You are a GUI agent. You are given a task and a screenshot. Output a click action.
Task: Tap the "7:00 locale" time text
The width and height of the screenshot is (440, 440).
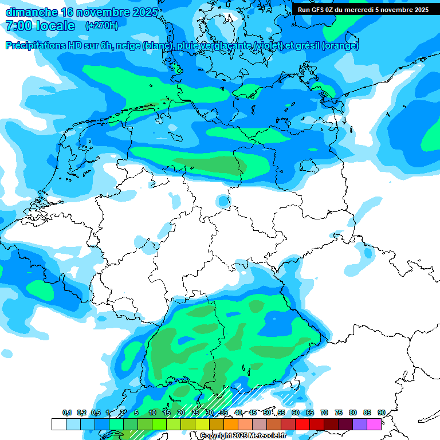[40, 26]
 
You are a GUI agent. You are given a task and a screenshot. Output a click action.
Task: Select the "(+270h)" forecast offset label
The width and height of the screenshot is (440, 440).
[101, 26]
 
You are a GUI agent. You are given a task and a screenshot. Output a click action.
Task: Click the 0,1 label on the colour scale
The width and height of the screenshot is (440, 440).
[66, 413]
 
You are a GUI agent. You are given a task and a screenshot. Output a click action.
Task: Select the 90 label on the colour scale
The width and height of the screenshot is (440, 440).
[381, 413]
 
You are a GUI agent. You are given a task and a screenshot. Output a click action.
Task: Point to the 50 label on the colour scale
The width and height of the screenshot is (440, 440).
[267, 413]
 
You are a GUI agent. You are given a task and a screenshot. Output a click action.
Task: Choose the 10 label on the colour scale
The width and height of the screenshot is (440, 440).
[152, 413]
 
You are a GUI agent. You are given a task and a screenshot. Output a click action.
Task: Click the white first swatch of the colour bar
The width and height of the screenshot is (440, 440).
[58, 424]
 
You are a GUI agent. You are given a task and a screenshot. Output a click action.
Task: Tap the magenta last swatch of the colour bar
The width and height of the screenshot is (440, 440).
[374, 424]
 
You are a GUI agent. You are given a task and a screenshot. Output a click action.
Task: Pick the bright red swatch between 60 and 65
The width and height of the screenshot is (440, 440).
[302, 424]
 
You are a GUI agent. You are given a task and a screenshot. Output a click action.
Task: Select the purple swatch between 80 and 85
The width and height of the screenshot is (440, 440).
[360, 424]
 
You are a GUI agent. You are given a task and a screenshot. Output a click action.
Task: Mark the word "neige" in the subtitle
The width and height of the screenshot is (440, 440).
[129, 46]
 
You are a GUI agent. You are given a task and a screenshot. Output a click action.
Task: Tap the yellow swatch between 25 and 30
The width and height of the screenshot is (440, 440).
[202, 424]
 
